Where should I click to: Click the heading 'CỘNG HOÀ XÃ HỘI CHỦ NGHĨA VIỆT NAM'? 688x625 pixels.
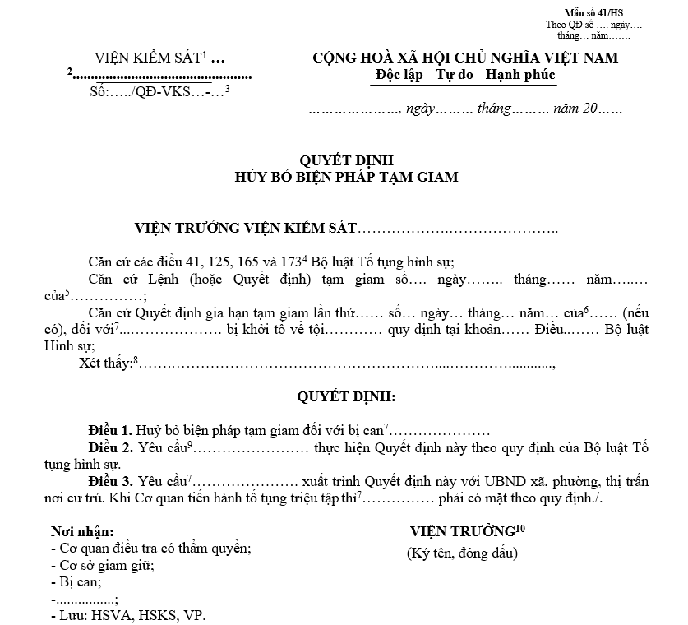tap(465, 58)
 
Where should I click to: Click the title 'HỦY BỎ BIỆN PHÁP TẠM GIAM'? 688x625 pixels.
tap(346, 176)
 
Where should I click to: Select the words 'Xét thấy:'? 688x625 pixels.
tap(106, 364)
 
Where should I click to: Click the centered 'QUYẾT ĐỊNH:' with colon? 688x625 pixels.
tap(346, 397)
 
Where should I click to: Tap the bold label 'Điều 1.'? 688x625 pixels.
tap(109, 431)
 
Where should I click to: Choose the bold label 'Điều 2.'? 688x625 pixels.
tap(109, 448)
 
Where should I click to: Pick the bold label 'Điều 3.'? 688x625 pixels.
tap(109, 482)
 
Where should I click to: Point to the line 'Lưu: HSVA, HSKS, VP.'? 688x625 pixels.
tap(127, 615)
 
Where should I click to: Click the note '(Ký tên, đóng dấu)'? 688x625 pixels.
tap(463, 553)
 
